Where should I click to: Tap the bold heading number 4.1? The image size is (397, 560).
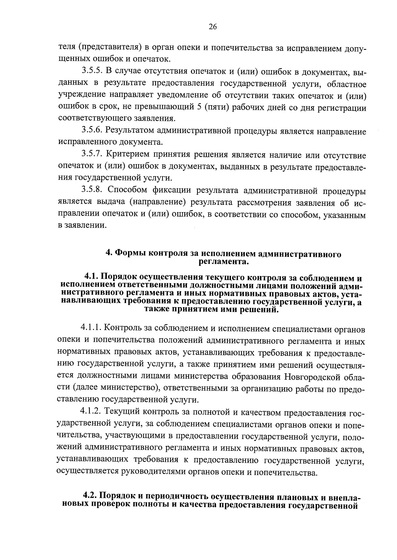(x=92, y=277)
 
